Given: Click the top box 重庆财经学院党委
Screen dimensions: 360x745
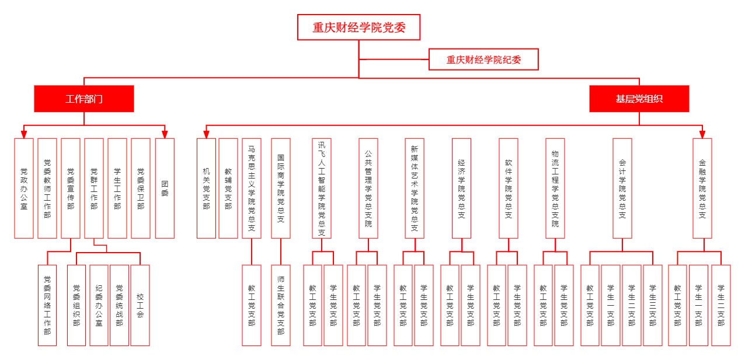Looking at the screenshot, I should tap(358, 27).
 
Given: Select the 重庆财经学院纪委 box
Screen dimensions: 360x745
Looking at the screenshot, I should tap(483, 60).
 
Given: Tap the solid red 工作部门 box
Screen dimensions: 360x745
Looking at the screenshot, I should tap(84, 99).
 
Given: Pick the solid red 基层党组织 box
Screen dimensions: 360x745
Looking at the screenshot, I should tap(639, 99).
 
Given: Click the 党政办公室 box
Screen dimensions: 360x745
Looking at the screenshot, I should tap(24, 188).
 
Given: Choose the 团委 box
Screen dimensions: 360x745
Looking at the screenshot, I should tap(165, 188).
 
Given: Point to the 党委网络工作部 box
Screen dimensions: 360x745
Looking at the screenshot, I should tap(47, 305).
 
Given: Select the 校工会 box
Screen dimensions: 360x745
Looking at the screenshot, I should tap(140, 305).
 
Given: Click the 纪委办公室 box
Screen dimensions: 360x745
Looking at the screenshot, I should tap(99, 305).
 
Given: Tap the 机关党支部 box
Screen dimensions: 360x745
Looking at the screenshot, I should tap(206, 188).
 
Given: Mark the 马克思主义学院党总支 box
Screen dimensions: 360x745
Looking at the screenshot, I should tap(252, 188).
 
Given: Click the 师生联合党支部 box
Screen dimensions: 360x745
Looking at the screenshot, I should tap(281, 305).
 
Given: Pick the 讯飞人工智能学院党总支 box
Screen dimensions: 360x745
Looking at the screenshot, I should tap(322, 188).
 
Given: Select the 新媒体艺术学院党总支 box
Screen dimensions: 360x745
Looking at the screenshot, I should tap(415, 188).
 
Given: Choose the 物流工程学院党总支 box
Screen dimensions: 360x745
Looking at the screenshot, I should tap(555, 188).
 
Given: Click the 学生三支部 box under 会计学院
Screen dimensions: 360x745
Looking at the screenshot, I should tap(653, 305).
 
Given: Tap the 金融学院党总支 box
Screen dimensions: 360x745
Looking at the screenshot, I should tap(702, 188).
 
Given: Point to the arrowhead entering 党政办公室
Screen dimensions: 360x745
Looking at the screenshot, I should tap(24, 134).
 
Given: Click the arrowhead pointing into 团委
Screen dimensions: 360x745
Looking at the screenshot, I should tap(165, 134).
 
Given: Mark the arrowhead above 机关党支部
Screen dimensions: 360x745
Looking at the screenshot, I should tap(206, 134).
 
